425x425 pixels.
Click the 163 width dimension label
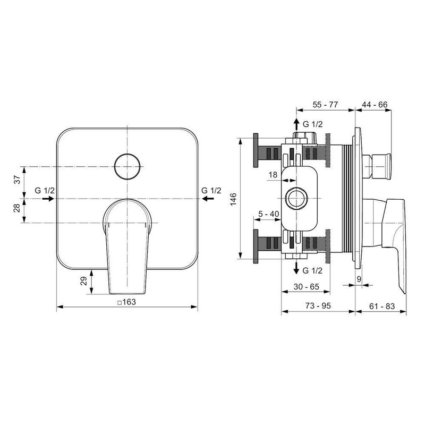(x=127, y=302)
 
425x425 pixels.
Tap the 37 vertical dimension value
(x=17, y=180)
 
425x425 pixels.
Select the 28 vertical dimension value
(x=17, y=208)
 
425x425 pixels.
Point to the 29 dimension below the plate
(x=84, y=281)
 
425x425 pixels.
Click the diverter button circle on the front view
(x=127, y=154)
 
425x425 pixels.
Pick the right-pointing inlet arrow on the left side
(x=48, y=199)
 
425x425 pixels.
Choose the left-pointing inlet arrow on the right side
(x=208, y=199)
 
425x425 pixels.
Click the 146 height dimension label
(x=233, y=199)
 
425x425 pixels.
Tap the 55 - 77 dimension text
(x=325, y=105)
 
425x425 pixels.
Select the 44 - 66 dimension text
(x=375, y=105)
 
